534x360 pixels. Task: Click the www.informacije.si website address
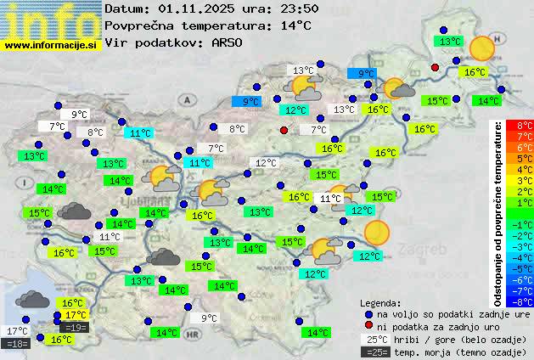(x=51, y=44)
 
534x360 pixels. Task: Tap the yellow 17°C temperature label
(x=76, y=315)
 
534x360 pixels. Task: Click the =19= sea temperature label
(x=75, y=327)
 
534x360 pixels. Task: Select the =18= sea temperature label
(x=17, y=344)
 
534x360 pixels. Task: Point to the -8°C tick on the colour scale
(x=525, y=301)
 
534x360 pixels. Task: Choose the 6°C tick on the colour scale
(x=525, y=147)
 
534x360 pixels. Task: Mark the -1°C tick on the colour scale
(x=525, y=224)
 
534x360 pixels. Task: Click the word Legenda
(x=381, y=303)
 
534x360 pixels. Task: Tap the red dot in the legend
(x=368, y=326)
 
